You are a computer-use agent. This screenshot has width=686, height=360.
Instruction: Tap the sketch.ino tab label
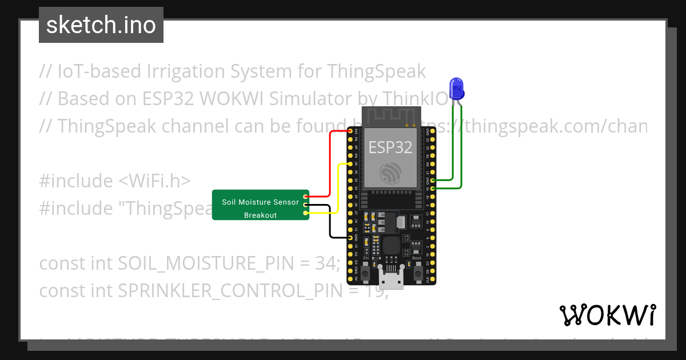tap(101, 25)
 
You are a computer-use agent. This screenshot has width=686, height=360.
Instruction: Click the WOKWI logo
tap(607, 315)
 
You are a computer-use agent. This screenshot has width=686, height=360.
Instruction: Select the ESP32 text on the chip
tap(390, 147)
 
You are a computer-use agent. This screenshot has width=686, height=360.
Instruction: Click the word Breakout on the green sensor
tap(260, 215)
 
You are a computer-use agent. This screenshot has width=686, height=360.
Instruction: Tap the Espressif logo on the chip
tap(391, 173)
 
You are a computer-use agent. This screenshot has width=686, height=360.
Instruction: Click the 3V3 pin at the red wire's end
tap(350, 131)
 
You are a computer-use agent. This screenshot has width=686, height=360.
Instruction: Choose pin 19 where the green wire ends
tap(432, 188)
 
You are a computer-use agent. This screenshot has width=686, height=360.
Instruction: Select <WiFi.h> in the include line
tap(154, 181)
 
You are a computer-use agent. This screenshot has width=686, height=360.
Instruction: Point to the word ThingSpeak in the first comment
tap(376, 71)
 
